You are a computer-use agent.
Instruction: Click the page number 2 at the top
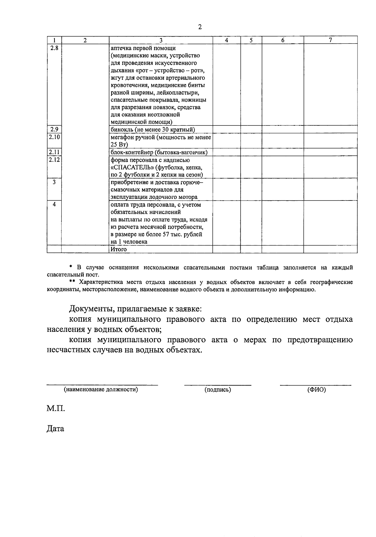pos(200,27)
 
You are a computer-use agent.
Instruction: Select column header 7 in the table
pos(330,40)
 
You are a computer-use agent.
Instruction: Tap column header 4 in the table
pos(227,40)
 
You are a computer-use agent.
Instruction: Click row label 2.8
pos(54,48)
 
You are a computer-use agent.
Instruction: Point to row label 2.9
pos(54,129)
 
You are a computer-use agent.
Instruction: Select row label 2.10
pos(54,137)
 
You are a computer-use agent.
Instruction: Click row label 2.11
pos(54,152)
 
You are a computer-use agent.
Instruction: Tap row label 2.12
pos(54,160)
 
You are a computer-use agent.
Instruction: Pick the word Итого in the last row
pos(118,249)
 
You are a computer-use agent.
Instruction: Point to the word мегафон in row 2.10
pos(122,137)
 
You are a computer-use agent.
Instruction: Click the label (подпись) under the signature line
pos(218,390)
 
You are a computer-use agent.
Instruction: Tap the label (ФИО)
pos(316,390)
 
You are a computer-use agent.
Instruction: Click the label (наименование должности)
pos(101,390)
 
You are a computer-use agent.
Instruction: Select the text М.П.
pos(56,408)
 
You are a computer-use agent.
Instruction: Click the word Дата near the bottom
pos(55,428)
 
